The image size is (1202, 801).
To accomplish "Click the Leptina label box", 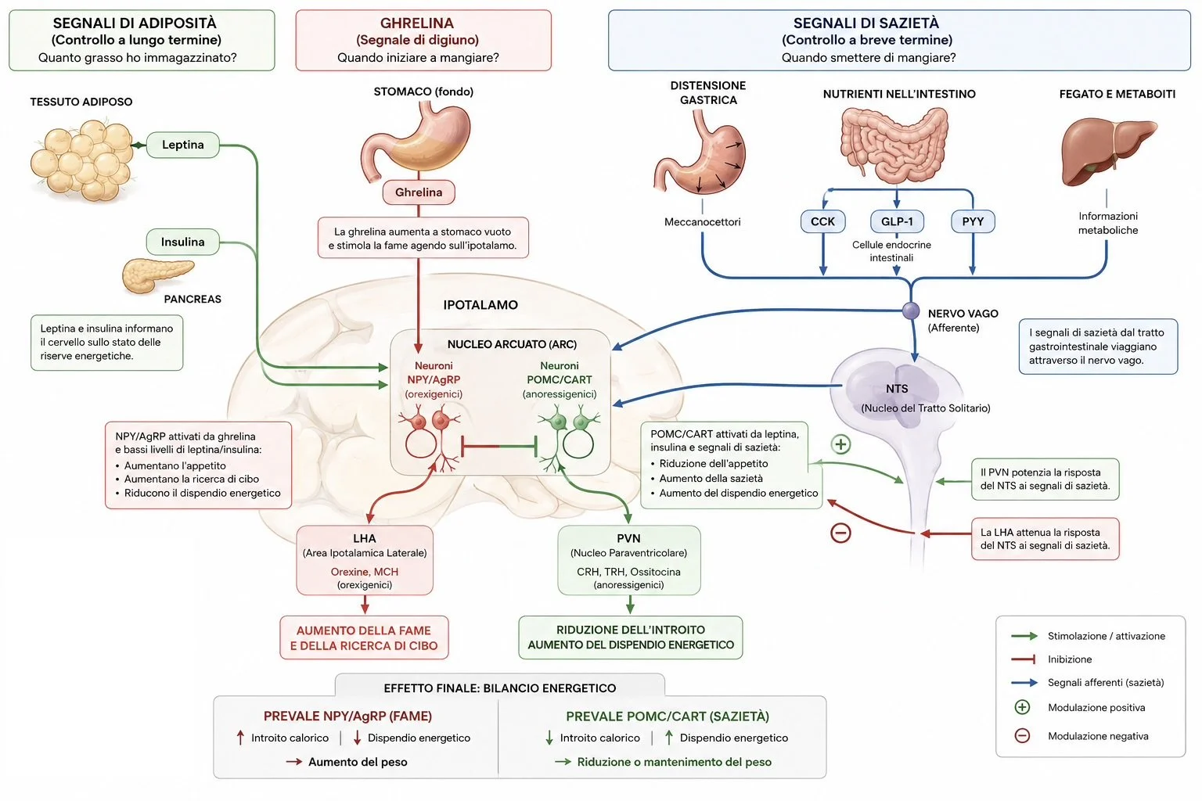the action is click(183, 145).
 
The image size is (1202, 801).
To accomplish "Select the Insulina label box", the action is click(183, 242).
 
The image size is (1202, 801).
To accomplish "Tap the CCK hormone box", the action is click(822, 221).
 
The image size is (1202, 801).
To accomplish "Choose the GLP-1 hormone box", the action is click(897, 221).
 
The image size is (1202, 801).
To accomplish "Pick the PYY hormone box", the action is click(973, 221).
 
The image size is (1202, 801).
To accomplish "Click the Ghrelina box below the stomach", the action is click(419, 192).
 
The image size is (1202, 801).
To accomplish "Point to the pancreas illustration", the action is click(157, 275).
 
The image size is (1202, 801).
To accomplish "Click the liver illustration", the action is click(1107, 152).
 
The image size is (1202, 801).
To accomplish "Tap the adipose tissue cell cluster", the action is click(81, 160).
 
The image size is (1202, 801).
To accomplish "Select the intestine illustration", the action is click(894, 144).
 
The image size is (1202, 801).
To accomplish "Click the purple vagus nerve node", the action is click(911, 311).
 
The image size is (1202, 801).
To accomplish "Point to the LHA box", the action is click(365, 560).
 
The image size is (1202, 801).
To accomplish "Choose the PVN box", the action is click(629, 560).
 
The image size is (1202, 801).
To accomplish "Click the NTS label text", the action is click(897, 389).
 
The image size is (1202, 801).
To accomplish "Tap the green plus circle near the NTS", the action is click(841, 444).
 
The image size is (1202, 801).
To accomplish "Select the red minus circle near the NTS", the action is click(841, 533).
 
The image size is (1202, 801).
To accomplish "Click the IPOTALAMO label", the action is click(480, 305).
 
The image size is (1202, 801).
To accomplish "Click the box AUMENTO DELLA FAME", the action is click(365, 638).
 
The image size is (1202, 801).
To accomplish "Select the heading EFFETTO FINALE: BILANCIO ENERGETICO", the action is click(499, 688).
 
